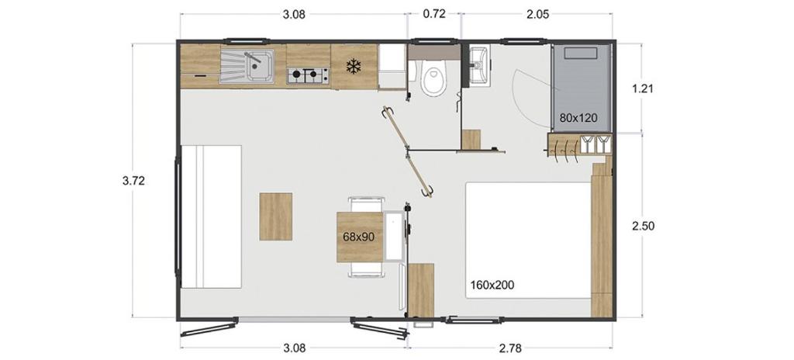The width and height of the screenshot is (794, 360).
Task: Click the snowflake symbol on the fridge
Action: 354,66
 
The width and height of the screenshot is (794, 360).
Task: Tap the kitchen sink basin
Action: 261,65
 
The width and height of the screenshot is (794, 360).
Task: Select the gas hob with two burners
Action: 307,75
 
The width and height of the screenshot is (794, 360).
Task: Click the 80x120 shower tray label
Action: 578,118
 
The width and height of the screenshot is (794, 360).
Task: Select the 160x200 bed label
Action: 492,286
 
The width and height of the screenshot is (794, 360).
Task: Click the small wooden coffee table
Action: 276,216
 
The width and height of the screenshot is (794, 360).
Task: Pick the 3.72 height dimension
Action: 133,181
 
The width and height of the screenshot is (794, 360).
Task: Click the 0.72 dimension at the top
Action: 434,14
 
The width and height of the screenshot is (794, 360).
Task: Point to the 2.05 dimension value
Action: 538,14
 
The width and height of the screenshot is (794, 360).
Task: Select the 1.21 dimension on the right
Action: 643,88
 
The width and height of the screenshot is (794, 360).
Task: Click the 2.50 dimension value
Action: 643,226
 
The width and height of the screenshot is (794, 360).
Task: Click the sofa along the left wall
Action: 211,216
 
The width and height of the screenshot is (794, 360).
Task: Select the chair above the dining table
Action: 367,205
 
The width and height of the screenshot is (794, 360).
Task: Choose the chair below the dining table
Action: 367,269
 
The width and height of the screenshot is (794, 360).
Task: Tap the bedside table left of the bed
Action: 421,290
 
